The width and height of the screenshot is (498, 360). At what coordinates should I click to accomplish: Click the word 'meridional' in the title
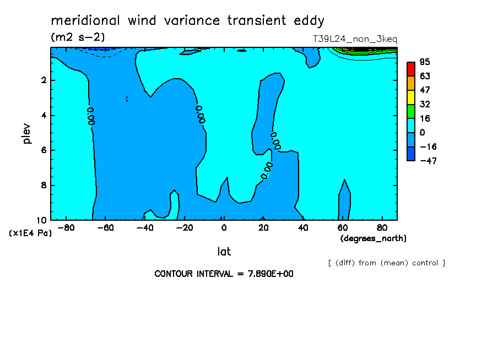click(85, 20)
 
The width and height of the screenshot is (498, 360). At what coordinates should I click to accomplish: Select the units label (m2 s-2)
click(78, 37)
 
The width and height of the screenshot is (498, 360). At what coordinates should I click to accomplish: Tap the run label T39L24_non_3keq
click(355, 39)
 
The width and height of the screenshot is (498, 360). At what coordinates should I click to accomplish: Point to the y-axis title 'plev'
click(27, 134)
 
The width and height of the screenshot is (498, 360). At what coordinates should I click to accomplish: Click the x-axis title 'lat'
click(224, 252)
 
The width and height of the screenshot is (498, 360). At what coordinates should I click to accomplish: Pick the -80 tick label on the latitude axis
click(66, 228)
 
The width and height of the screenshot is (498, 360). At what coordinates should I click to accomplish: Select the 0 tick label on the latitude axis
click(224, 228)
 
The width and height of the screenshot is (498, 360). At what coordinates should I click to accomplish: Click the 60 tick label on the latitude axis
click(343, 228)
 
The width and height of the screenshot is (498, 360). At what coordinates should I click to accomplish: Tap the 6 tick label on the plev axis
click(44, 150)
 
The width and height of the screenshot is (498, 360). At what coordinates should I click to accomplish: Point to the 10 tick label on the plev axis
click(42, 220)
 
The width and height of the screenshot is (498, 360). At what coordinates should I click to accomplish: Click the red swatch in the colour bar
click(411, 69)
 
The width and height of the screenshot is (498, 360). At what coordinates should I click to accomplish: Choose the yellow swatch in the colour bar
click(411, 97)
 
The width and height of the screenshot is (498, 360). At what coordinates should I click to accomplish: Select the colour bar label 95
click(425, 62)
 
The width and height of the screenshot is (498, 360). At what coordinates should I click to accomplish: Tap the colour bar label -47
click(428, 161)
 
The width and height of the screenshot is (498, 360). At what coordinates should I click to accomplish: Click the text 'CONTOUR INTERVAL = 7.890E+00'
click(224, 274)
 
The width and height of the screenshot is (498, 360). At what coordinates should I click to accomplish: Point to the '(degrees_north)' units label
click(373, 238)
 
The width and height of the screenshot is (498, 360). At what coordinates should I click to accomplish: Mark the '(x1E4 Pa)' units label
click(30, 233)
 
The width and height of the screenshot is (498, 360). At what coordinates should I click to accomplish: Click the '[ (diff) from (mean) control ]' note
click(387, 263)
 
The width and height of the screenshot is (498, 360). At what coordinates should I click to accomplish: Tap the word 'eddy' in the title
click(309, 21)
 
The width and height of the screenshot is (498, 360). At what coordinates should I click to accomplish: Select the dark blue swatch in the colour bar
click(411, 154)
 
